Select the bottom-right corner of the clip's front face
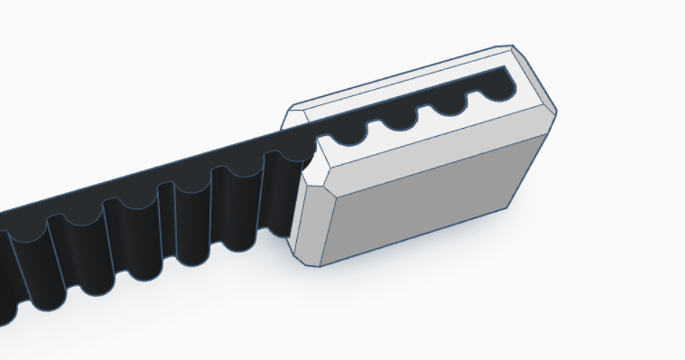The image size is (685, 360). (x=507, y=208)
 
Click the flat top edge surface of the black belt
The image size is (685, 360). (x=145, y=177)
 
